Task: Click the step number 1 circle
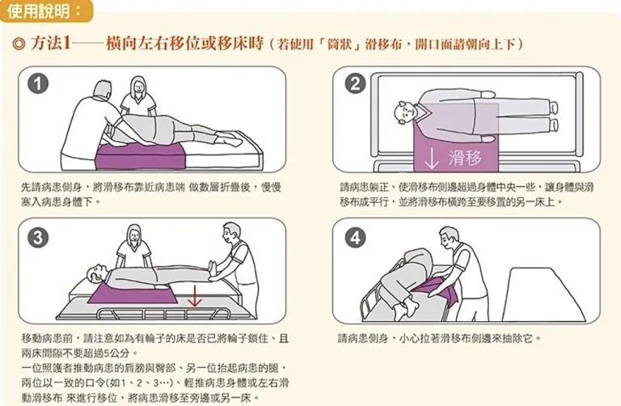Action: coord(38,84)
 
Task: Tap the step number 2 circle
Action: coord(355,84)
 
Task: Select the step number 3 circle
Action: coord(38,238)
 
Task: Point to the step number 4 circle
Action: coord(355,238)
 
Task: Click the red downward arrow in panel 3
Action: coord(194,296)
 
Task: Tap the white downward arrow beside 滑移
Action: coord(431,159)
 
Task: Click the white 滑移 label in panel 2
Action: coord(466,158)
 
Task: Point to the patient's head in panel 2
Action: coord(405,113)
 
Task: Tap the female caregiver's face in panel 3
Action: coord(135,235)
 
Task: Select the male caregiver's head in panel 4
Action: coord(450,237)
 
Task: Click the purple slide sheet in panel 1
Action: coord(141,156)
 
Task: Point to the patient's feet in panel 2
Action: coord(553,116)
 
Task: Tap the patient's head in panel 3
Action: coord(96,273)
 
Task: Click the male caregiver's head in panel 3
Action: coord(231,234)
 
